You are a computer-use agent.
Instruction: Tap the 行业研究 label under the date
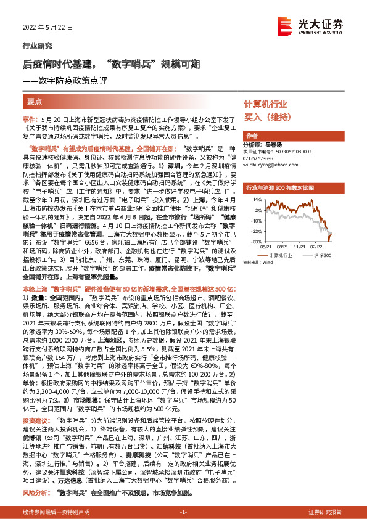pyautogui.click(x=35, y=46)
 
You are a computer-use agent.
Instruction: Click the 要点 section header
pyautogui.click(x=35, y=100)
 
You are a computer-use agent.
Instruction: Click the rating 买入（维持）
pyautogui.click(x=268, y=116)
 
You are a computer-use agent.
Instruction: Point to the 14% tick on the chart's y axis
pyautogui.click(x=256, y=200)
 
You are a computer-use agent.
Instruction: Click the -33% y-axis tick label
pyautogui.click(x=255, y=242)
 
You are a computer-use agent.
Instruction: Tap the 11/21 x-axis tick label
pyautogui.click(x=300, y=247)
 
